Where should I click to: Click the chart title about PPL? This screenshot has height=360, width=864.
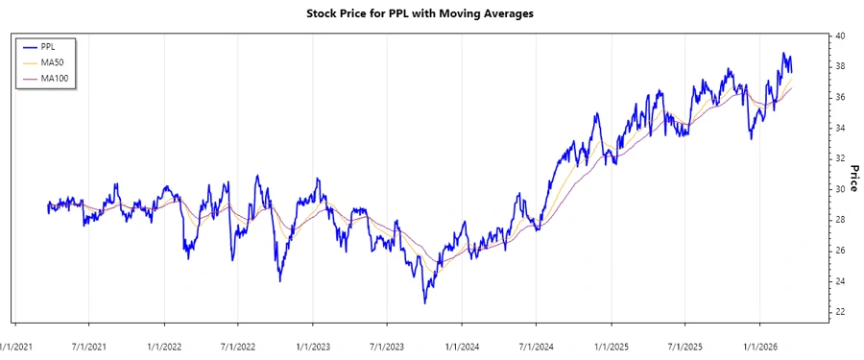[x=432, y=13]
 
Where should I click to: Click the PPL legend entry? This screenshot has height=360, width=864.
[x=49, y=45]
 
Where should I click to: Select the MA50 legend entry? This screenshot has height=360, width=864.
[x=52, y=61]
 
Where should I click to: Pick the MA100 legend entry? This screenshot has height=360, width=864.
[x=55, y=78]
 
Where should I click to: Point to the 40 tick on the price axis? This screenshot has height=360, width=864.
[x=840, y=36]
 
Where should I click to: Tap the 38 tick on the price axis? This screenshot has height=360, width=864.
[x=840, y=66]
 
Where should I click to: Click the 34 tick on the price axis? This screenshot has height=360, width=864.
[x=840, y=128]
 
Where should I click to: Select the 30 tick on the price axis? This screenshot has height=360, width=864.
[x=840, y=189]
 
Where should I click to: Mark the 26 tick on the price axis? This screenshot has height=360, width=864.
[x=840, y=251]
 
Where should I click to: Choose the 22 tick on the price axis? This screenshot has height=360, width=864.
[x=840, y=312]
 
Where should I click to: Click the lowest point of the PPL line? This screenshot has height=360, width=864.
[x=424, y=303]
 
